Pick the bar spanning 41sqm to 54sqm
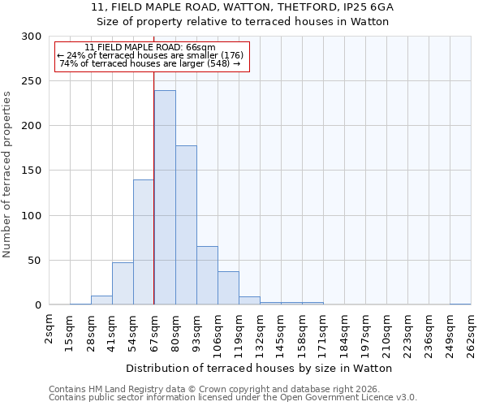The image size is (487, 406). (x=123, y=283)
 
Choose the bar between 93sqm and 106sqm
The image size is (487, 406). (x=207, y=275)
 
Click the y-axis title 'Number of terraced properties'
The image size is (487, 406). (x=7, y=174)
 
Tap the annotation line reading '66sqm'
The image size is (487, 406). (x=150, y=48)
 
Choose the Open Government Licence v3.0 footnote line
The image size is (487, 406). (x=233, y=398)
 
